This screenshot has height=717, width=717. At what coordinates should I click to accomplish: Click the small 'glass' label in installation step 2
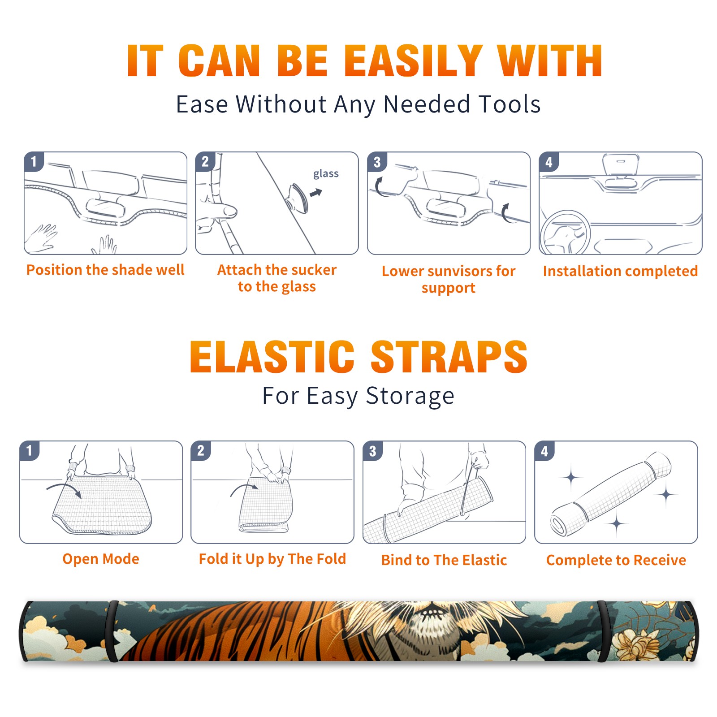[326, 174]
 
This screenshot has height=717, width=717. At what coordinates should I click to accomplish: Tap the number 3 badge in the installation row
[377, 162]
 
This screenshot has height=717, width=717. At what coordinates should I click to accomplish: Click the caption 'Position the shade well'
[105, 270]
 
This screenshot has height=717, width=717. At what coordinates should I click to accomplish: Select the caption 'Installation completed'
[620, 271]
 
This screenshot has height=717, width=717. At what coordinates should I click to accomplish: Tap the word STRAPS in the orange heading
[449, 357]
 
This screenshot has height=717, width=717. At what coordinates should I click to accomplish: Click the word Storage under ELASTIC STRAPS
[410, 396]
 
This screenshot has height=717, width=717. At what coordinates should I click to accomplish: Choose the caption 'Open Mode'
[101, 559]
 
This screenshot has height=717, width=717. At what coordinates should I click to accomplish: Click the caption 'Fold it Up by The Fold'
[272, 559]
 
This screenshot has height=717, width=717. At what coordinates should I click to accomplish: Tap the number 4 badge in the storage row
[544, 451]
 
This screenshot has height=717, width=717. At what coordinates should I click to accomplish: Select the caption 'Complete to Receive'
[616, 560]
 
